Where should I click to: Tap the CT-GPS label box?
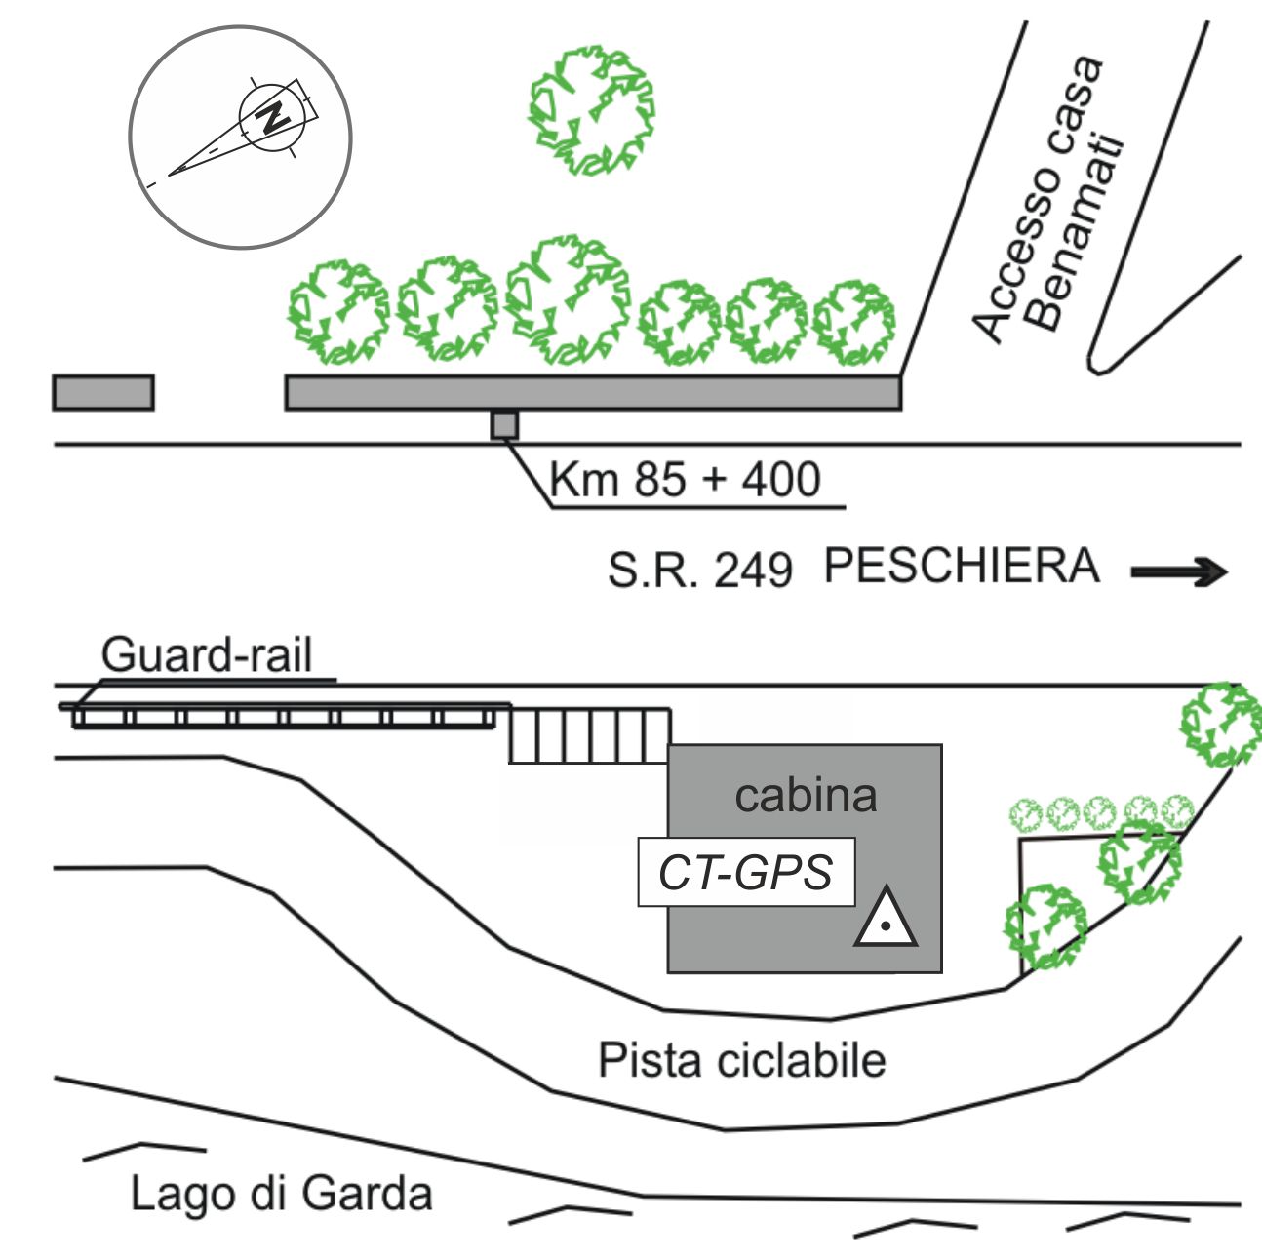click(746, 872)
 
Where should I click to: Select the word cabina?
click(806, 795)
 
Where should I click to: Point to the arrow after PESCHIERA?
click(1178, 571)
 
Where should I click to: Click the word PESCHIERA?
click(962, 567)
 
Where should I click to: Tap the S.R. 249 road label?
click(699, 570)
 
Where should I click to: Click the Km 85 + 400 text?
click(685, 480)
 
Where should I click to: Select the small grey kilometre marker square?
click(504, 425)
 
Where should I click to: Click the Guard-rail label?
click(207, 654)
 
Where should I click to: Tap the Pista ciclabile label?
click(741, 1060)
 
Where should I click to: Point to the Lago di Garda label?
click(281, 1194)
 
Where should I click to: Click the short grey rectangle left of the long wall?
click(103, 392)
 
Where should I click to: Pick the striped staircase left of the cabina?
click(589, 735)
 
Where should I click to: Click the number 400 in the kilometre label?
click(780, 480)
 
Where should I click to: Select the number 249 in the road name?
click(753, 571)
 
